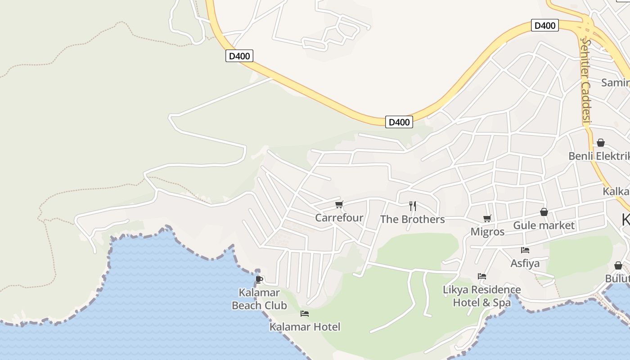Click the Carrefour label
pyautogui.click(x=339, y=218)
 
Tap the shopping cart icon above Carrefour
pyautogui.click(x=339, y=205)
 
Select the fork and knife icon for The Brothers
pyautogui.click(x=412, y=206)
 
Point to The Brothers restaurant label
pyautogui.click(x=412, y=219)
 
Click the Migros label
pyautogui.click(x=487, y=232)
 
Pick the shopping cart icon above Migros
pyautogui.click(x=487, y=219)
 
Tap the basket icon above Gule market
pyautogui.click(x=544, y=212)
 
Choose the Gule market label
pyautogui.click(x=544, y=225)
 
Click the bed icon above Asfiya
pyautogui.click(x=525, y=250)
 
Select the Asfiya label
pyautogui.click(x=525, y=263)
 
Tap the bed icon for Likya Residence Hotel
pyautogui.click(x=482, y=276)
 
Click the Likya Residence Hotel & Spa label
pyautogui.click(x=482, y=296)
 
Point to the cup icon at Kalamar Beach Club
pyautogui.click(x=259, y=279)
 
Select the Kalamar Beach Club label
pyautogui.click(x=259, y=299)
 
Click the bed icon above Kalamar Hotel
pyautogui.click(x=305, y=314)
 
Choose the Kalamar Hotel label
pyautogui.click(x=305, y=327)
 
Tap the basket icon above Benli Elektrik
pyautogui.click(x=600, y=143)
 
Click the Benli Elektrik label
pyautogui.click(x=598, y=156)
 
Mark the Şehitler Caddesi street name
pyautogui.click(x=585, y=81)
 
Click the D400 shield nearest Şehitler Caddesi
pyautogui.click(x=544, y=26)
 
